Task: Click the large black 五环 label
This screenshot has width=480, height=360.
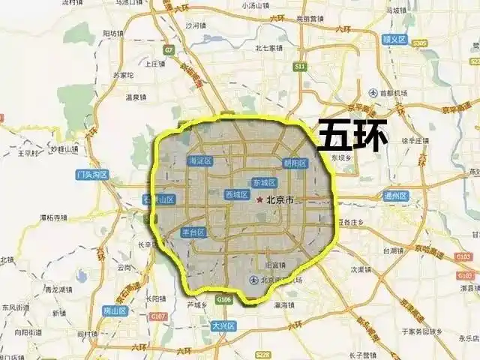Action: pos(353,136)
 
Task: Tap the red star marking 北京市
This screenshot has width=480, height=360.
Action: pos(259,200)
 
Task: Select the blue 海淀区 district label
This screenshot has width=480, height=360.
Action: pos(201,160)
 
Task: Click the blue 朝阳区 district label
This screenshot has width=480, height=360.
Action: pos(295,163)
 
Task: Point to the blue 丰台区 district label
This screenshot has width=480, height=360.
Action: pos(194,232)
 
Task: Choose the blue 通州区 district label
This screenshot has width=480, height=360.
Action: pos(394,196)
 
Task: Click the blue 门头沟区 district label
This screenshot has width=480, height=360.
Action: pos(92,175)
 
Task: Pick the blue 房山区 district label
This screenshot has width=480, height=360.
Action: pos(115,310)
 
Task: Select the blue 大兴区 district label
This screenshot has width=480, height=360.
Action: pos(223,326)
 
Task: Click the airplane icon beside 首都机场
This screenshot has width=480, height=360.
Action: pos(373,92)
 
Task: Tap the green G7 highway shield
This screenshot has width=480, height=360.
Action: pos(169,51)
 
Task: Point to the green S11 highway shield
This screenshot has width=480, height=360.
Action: pos(301,67)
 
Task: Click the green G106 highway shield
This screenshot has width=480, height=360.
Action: pos(223,299)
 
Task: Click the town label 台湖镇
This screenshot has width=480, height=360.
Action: pos(394,251)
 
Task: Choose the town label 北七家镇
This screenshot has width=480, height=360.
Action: pos(268,48)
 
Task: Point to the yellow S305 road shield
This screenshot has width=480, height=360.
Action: pos(418,43)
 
